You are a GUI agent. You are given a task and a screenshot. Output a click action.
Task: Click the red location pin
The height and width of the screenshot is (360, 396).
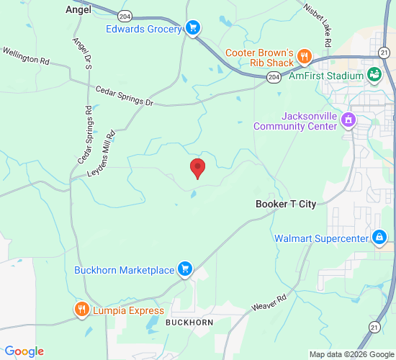pos(197,168)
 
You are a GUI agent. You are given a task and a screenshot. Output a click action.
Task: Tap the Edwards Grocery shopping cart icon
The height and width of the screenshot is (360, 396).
pos(192,28)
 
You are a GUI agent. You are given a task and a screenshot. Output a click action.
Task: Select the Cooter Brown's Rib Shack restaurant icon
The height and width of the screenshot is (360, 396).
pos(305,55)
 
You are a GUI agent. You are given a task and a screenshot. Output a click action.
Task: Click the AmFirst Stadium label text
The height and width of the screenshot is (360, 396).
pos(326,76)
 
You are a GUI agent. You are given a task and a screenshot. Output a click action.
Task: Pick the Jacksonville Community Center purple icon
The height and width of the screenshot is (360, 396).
pos(349,120)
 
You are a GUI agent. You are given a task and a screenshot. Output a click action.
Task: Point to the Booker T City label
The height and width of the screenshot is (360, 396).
pos(286,204)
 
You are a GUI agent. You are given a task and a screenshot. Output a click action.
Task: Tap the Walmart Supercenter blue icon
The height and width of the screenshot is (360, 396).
pos(379,238)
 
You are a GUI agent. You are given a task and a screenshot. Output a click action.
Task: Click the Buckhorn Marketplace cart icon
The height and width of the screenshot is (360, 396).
pos(185,269)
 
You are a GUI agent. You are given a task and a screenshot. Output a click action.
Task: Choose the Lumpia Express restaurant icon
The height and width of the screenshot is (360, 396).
pos(81,310)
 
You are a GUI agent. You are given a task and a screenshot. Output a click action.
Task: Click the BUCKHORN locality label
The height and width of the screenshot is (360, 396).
pos(189,323)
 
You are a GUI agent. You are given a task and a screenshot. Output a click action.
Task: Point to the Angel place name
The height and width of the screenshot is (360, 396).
pos(78,9)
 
